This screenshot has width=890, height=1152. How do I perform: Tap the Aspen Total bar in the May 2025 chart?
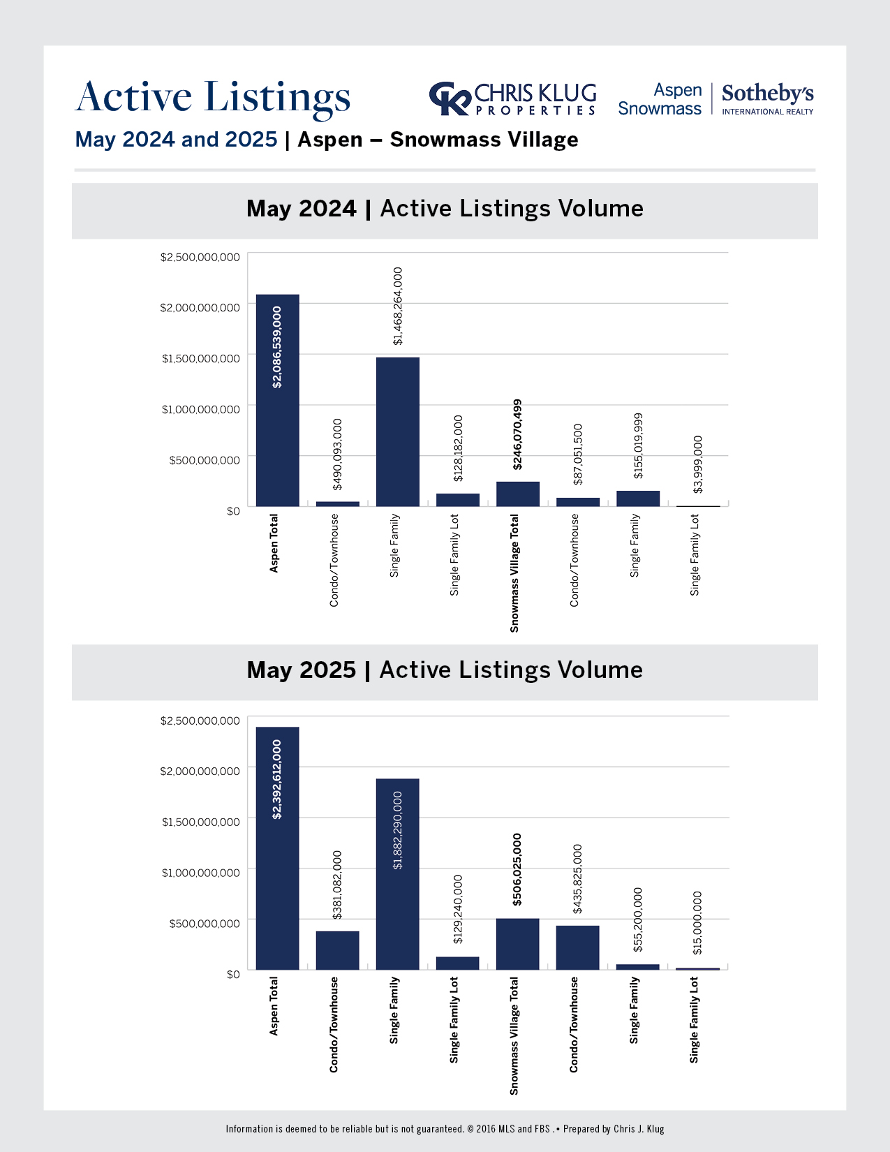(x=277, y=848)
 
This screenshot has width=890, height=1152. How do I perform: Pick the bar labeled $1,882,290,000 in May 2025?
(x=397, y=873)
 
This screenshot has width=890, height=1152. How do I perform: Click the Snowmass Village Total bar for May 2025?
(x=517, y=943)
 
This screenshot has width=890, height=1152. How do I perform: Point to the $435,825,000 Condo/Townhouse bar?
(x=577, y=947)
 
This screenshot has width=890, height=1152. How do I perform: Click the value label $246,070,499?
(x=517, y=434)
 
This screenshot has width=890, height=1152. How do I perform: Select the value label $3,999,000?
(x=697, y=464)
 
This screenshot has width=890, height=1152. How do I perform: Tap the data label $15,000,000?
(x=697, y=922)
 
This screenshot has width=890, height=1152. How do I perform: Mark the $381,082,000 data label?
(x=337, y=884)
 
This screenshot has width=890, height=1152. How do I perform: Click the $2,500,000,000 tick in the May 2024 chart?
(x=200, y=257)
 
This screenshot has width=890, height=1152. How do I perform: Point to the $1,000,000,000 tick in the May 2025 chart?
(x=200, y=872)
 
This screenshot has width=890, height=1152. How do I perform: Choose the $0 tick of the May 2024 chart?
(x=232, y=511)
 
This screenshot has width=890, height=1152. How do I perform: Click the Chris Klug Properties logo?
(x=512, y=99)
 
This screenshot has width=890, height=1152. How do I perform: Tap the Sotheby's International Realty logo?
(x=767, y=99)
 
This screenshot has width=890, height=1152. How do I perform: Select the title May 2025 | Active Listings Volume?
(x=445, y=670)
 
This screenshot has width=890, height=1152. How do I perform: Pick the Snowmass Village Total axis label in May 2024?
(x=514, y=573)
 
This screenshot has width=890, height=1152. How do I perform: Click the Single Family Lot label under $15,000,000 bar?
(x=694, y=1020)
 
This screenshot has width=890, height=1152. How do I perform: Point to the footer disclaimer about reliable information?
(x=445, y=1129)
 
